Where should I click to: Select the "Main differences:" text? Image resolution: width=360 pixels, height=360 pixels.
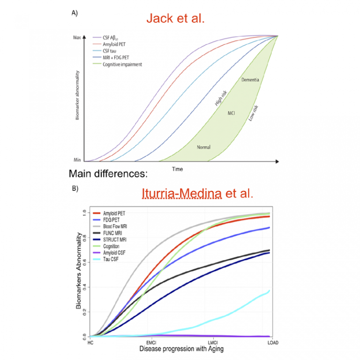point(108,174)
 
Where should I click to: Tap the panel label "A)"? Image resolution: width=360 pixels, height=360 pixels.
point(74,13)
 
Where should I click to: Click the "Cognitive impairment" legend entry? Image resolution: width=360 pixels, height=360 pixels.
point(123,64)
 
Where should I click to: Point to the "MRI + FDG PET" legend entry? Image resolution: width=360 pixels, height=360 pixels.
point(117,58)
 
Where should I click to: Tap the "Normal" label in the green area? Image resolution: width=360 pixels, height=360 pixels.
point(203,147)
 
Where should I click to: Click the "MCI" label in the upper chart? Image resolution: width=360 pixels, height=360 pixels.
point(231,113)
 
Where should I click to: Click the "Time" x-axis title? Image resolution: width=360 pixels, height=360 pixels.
point(177,169)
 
